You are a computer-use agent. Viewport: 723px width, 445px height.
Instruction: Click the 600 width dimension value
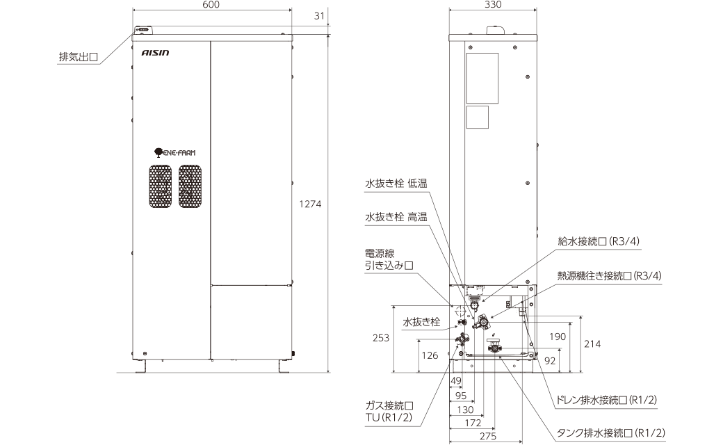click(x=212, y=5)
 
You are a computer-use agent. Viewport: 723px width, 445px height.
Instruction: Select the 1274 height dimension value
click(x=310, y=204)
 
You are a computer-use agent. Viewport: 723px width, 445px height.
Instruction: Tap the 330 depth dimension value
click(x=493, y=5)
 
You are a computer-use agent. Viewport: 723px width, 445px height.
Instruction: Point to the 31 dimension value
click(x=318, y=17)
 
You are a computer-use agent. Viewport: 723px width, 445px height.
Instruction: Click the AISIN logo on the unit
click(x=155, y=53)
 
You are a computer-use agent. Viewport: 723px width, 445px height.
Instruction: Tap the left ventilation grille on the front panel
click(x=160, y=186)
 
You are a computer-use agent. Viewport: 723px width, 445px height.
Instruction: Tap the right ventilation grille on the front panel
click(x=190, y=186)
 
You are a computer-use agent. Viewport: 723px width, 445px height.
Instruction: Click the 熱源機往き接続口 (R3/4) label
click(x=608, y=276)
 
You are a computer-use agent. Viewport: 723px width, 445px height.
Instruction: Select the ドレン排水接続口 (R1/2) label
click(x=603, y=400)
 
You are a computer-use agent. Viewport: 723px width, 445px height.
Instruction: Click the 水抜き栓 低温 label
click(x=396, y=184)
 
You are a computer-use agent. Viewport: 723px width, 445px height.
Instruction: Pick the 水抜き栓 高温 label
click(x=396, y=217)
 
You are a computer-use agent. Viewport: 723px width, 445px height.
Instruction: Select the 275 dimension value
click(x=487, y=436)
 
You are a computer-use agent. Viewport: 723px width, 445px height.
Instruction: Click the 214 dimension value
click(x=592, y=344)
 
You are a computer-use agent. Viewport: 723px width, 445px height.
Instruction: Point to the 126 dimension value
click(x=430, y=355)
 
